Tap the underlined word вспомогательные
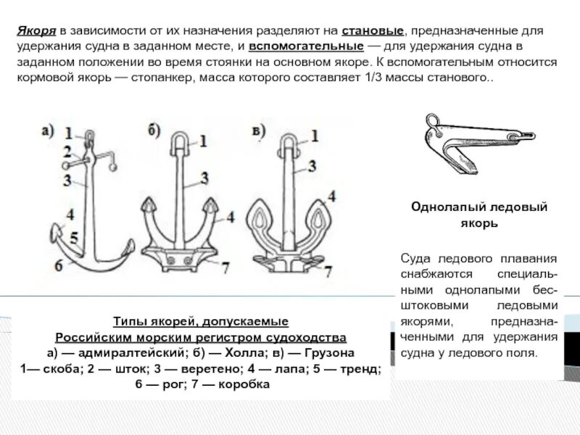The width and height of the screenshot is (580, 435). tap(306, 48)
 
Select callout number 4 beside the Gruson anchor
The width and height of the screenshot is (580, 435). tap(331, 196)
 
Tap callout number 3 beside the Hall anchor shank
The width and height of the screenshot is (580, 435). tap(205, 177)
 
